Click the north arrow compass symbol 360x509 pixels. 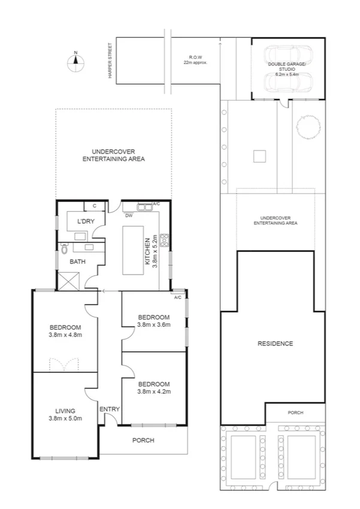(x=75, y=62)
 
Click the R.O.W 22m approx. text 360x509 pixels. (x=195, y=60)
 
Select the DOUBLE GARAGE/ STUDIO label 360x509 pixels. (x=287, y=65)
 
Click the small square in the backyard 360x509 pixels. (x=259, y=156)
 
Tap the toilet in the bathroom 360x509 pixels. (x=64, y=248)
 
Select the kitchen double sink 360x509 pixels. (x=146, y=208)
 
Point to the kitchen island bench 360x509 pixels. (x=134, y=250)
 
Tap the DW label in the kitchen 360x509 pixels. (x=129, y=215)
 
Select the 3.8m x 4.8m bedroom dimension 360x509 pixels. (x=65, y=335)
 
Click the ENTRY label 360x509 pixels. (x=110, y=409)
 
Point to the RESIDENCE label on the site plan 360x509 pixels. (x=275, y=344)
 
